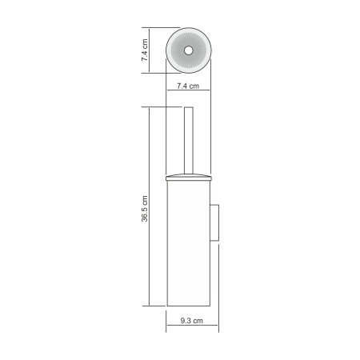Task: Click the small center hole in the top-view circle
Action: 189,50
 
